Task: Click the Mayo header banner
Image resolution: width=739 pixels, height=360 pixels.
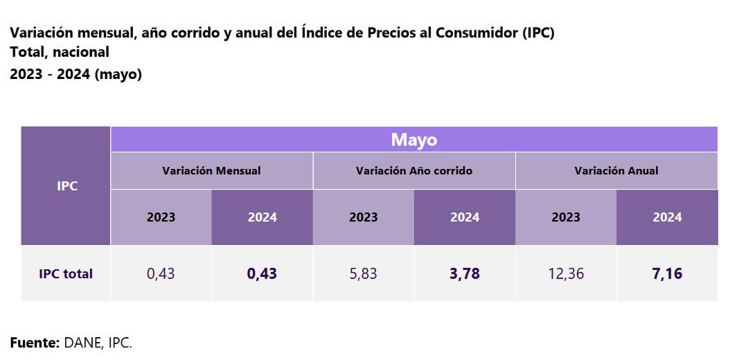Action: [x=413, y=140]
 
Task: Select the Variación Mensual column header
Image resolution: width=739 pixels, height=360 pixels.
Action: [x=211, y=170]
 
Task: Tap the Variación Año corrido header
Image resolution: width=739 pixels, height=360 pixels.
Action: [x=413, y=170]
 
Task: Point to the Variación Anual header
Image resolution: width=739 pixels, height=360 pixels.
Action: [x=616, y=170]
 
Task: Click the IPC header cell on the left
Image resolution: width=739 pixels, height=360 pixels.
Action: [x=66, y=186]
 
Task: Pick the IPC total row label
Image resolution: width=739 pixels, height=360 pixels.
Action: [x=66, y=273]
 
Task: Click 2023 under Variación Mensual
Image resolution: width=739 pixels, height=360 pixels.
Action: [x=161, y=217]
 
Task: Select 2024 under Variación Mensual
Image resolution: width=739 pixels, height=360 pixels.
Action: [x=262, y=217]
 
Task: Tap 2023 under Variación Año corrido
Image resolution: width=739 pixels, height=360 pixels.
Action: [x=363, y=217]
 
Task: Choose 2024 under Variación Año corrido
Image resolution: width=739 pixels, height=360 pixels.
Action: [x=464, y=217]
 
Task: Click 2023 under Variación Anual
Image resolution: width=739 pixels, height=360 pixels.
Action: [x=565, y=217]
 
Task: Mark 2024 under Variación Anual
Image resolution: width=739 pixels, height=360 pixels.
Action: [x=666, y=217]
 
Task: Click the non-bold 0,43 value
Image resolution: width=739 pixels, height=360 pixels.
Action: [x=161, y=273]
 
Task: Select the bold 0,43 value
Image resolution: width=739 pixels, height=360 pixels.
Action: [x=262, y=273]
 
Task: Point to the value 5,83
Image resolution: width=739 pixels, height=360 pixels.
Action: [x=363, y=273]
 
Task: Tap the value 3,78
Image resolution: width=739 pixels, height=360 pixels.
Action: [x=464, y=273]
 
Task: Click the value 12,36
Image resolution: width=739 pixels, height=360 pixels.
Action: [x=565, y=273]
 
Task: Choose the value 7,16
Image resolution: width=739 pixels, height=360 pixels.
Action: [x=666, y=273]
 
